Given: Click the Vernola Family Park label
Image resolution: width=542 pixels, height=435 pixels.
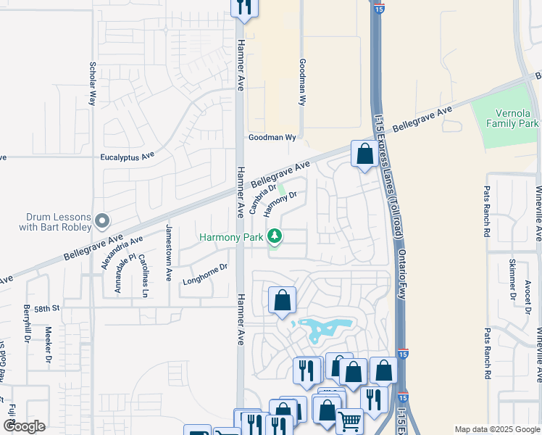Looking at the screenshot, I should pyautogui.click(x=512, y=119).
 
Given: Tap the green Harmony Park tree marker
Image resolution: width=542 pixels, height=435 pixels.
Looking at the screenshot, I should pyautogui.click(x=275, y=236).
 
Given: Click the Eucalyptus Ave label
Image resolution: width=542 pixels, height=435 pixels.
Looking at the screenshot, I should pyautogui.click(x=128, y=156).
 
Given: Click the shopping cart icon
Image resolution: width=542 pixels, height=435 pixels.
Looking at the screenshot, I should pyautogui.click(x=349, y=420).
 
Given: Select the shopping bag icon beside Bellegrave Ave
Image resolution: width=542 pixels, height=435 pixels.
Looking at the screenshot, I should pyautogui.click(x=364, y=154).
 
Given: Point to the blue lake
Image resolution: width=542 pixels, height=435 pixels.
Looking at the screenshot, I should pyautogui.click(x=323, y=331).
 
